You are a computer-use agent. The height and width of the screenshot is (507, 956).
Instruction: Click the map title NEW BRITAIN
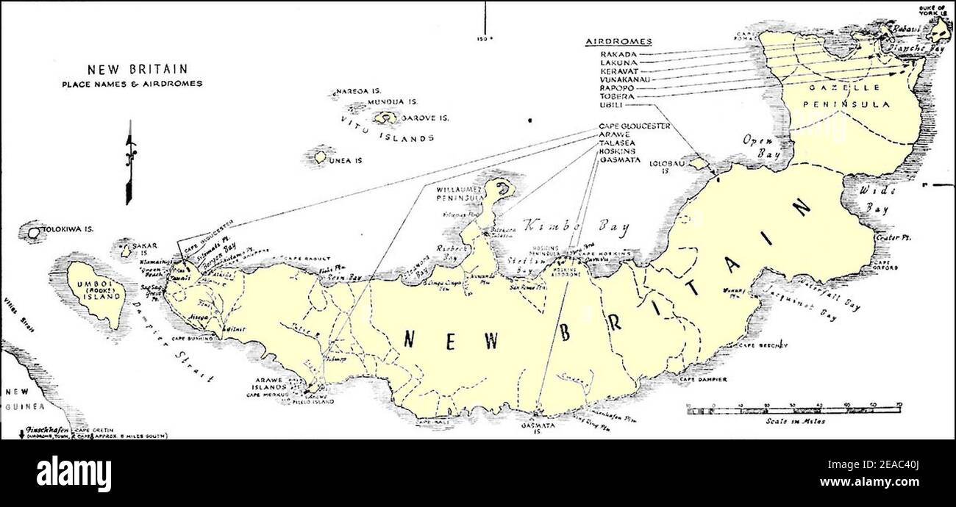pyautogui.click(x=132, y=71)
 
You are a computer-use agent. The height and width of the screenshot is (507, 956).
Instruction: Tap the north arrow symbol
pyautogui.click(x=130, y=162)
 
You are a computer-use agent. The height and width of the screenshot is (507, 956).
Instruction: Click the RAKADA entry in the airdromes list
pyautogui.click(x=617, y=54)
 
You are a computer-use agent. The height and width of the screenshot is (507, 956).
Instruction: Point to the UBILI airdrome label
pyautogui.click(x=612, y=105)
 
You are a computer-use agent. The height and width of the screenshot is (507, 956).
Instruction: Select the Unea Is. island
pyautogui.click(x=321, y=157)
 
